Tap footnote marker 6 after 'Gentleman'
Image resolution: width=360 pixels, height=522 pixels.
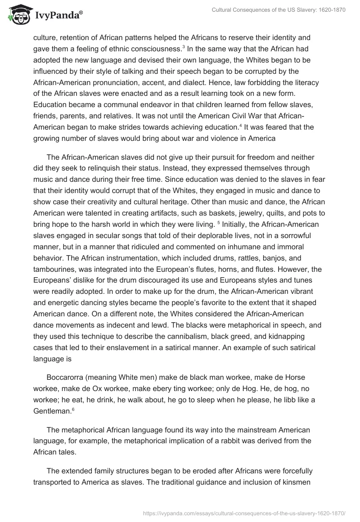point(72,408)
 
